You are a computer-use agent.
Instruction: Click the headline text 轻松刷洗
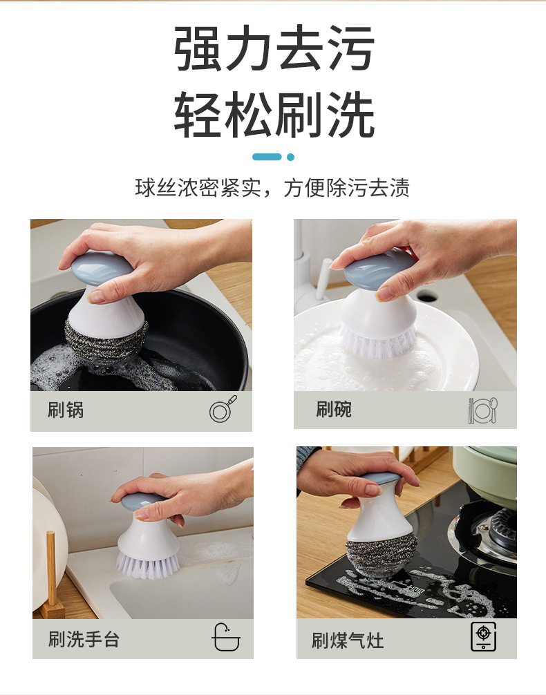tap(274, 114)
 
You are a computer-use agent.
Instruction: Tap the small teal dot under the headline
tap(290, 157)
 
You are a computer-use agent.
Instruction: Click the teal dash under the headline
tap(267, 157)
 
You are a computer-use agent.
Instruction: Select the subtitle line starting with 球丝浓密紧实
tap(272, 188)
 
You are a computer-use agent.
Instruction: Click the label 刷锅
tap(66, 410)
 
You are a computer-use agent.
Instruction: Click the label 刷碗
tap(334, 410)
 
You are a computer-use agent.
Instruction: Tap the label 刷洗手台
tap(84, 639)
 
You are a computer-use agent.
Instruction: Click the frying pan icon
tap(223, 410)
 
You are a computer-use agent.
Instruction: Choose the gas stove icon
tap(483, 636)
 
